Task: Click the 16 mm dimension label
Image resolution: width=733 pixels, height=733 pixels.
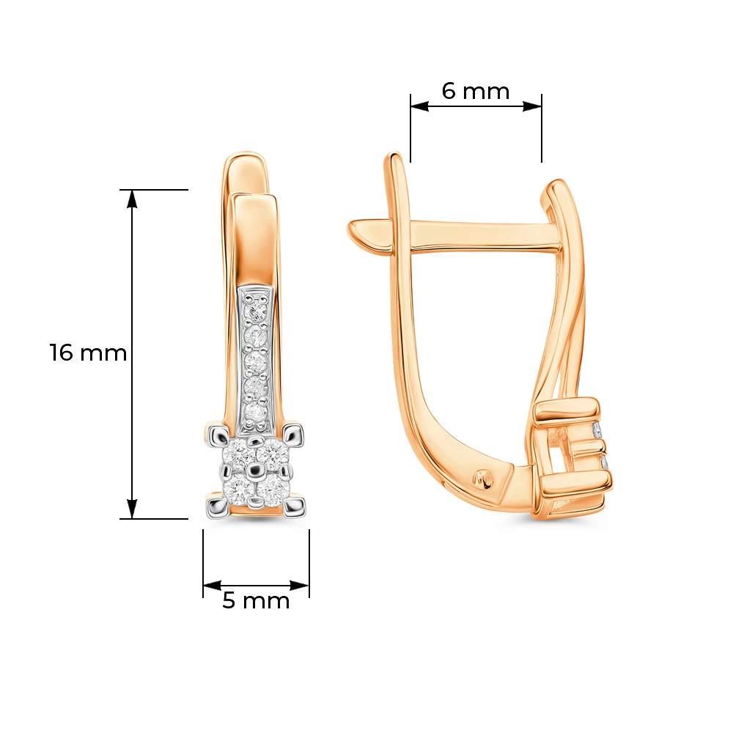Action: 89,353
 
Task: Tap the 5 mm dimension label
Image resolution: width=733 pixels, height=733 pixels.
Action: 256,600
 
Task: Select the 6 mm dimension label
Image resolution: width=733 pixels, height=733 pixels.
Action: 476,91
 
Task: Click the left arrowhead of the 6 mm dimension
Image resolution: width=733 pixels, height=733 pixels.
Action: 419,106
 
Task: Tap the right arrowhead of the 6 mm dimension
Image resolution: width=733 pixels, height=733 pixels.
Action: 532,106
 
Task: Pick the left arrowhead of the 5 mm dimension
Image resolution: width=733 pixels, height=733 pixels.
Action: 213,585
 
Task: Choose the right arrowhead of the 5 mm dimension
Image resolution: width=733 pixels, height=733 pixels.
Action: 300,585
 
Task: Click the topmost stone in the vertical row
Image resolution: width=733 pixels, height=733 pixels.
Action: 256,310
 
